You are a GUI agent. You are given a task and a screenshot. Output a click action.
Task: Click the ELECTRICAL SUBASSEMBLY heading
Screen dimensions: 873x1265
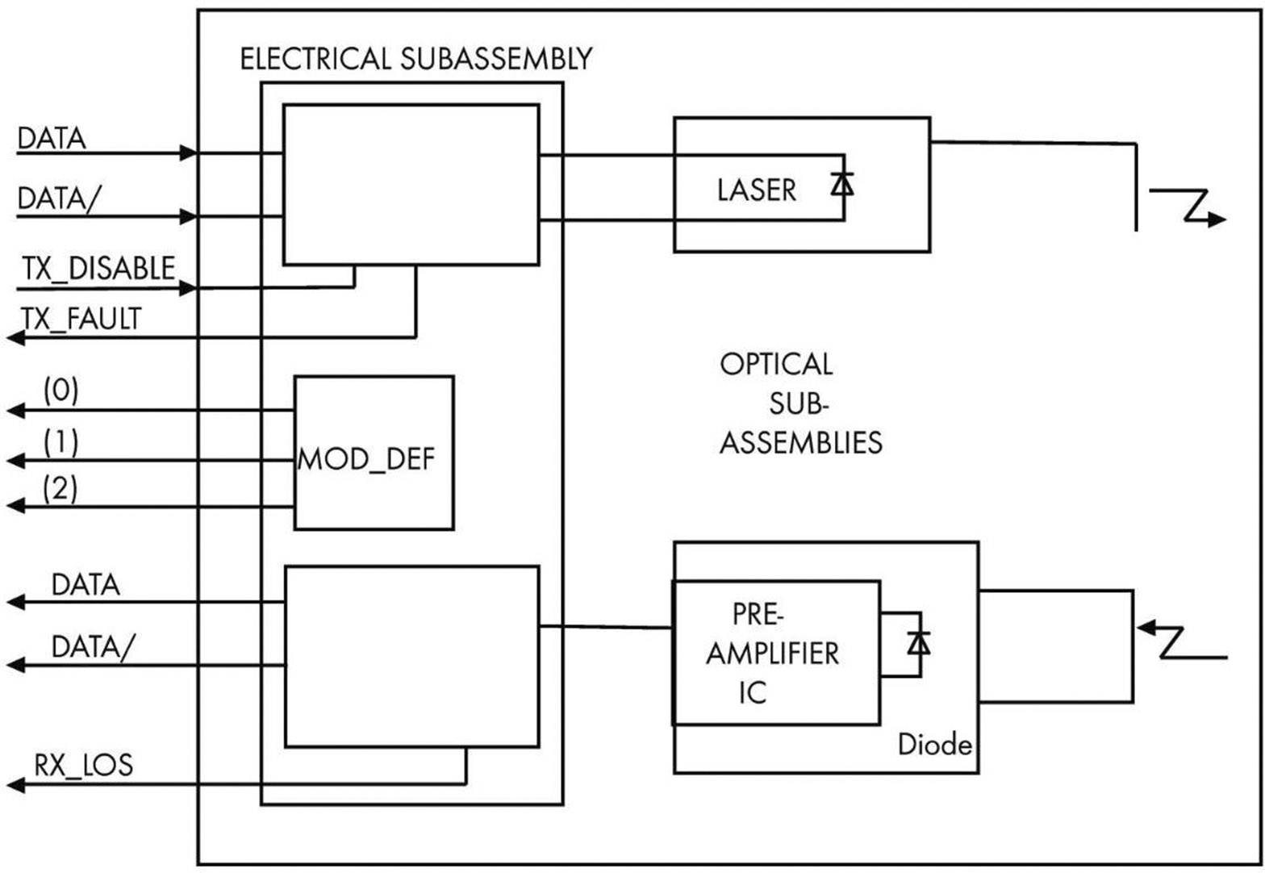point(415,60)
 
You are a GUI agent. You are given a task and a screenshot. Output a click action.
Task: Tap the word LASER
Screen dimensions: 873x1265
point(756,190)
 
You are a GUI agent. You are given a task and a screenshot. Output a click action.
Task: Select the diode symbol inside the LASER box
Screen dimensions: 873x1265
point(843,185)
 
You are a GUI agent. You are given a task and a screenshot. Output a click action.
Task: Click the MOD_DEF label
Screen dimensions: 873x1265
point(366,460)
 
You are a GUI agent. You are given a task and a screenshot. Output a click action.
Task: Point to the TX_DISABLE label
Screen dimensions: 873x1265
point(98,269)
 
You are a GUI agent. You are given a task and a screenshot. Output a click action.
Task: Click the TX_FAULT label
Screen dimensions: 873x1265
point(81,320)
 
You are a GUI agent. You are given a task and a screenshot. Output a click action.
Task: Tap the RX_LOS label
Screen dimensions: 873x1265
point(83,764)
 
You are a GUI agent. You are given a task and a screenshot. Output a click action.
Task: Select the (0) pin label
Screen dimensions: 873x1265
point(61,391)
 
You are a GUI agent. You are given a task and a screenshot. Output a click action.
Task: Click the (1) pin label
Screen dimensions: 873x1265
point(61,442)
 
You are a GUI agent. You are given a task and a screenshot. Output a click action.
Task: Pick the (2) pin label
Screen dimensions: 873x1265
point(61,488)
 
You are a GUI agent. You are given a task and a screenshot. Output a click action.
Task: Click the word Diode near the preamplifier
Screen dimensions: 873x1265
point(934,745)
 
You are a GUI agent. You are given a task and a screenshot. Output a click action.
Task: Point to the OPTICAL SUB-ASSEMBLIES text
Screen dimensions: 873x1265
point(799,403)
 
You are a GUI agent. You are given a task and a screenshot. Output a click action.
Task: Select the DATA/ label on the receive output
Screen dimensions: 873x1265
point(89,646)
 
